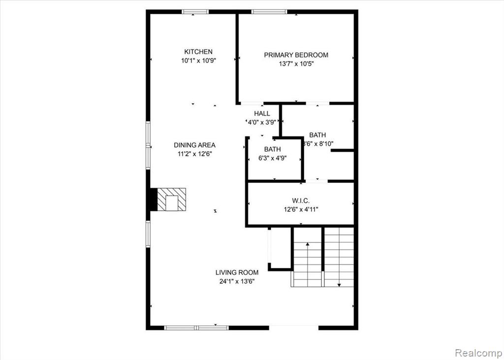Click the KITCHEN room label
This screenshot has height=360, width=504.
point(198,52)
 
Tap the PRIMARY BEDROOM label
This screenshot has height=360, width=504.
point(296,55)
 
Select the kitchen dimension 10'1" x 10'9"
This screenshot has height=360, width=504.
point(198,61)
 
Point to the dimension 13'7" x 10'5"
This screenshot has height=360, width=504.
point(296,64)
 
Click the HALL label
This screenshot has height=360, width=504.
point(262,114)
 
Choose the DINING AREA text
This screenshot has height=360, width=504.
point(194,145)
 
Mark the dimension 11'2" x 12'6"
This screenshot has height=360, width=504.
point(195,154)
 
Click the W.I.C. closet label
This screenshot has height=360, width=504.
point(301,201)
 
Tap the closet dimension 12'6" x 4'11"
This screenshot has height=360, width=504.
point(301,210)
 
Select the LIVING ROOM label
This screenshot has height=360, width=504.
point(237,272)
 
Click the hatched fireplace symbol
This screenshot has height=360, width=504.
point(171,199)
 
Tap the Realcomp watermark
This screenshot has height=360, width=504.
point(478,352)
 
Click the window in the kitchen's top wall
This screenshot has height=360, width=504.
point(195,12)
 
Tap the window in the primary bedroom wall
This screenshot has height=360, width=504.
point(269,12)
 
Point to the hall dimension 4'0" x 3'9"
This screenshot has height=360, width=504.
point(261,122)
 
